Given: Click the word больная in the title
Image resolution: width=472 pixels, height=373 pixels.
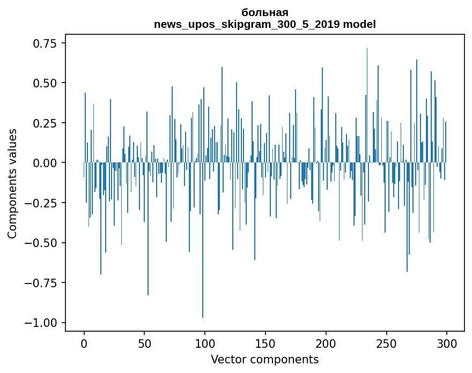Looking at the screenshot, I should click(265, 12).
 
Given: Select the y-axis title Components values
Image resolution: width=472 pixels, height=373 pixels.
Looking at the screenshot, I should click(12, 183).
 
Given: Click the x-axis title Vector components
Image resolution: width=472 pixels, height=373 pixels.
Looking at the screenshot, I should click(265, 360).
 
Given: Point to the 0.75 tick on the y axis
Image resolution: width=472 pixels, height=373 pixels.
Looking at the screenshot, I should click(49, 43).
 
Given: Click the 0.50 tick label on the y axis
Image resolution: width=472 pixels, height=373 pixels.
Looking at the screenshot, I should click(49, 83).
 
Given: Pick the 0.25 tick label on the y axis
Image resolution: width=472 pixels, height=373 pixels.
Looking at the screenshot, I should click(49, 123).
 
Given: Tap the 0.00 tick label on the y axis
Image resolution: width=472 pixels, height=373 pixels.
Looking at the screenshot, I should click(49, 163).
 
